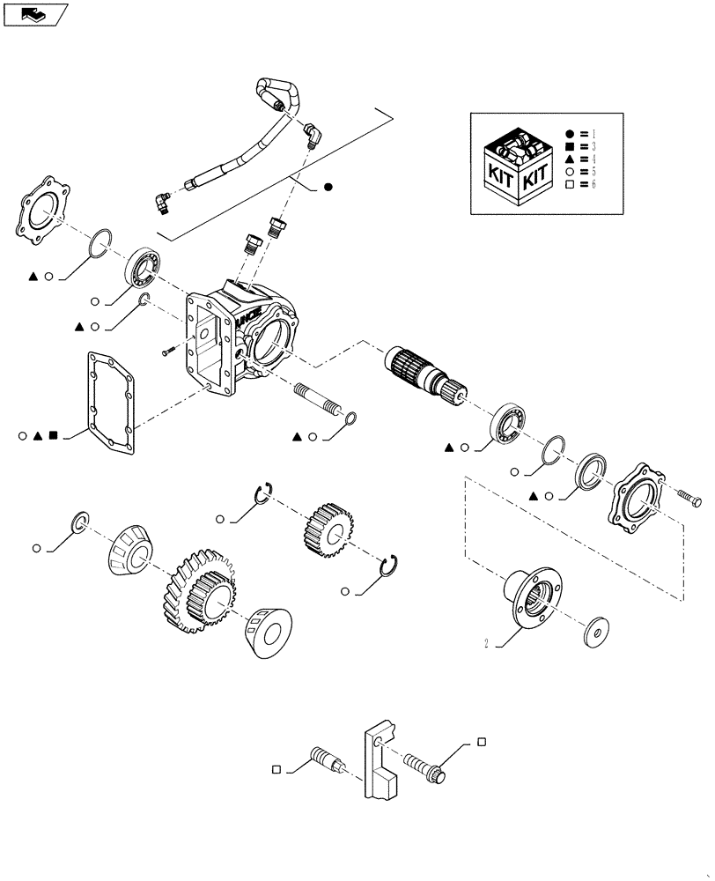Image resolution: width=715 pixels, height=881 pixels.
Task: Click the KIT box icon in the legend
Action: [x=518, y=166]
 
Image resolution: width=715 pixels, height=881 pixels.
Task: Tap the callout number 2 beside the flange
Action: [x=486, y=642]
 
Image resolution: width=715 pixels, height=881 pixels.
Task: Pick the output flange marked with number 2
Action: [x=532, y=599]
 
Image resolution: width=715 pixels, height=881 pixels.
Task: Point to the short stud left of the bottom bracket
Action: [x=326, y=759]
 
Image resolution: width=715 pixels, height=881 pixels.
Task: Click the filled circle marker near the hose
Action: [x=328, y=187]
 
